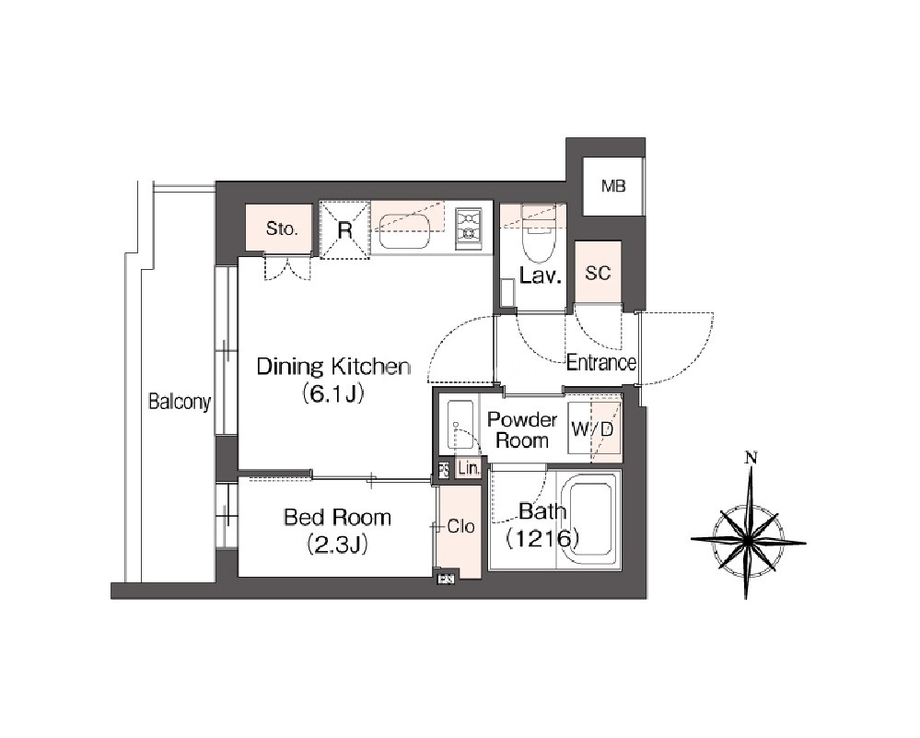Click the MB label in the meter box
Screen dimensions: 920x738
pos(613,187)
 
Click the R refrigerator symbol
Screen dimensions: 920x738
pos(345,230)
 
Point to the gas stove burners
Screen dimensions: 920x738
pos(469,227)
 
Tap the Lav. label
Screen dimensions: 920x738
pos(541,275)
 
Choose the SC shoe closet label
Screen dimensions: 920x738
pos(598,273)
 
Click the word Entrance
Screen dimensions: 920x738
pos(600,362)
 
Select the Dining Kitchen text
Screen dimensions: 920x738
pos(333,367)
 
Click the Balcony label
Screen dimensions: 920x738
pos(180,403)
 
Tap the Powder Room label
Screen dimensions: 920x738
pos(522,429)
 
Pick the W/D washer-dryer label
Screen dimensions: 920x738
pos(592,429)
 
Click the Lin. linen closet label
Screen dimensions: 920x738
pos(469,469)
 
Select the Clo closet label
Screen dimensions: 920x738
pos(460,526)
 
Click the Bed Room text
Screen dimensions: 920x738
pos(337,517)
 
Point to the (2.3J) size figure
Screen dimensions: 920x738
pos(337,545)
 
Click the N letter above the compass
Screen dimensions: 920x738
pos(750,457)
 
